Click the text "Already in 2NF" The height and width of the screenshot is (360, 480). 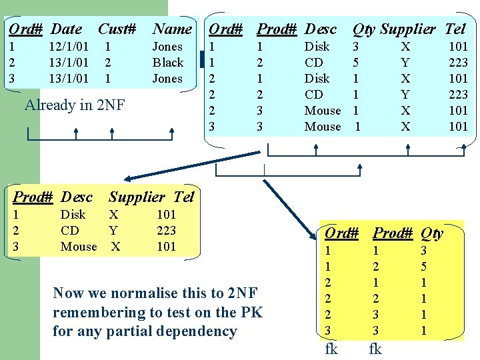tap(75, 105)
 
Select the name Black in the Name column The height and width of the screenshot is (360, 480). tap(168, 63)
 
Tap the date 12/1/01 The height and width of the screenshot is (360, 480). tap(69, 47)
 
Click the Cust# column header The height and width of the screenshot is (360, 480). tap(117, 29)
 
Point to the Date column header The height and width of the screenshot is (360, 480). tap(67, 29)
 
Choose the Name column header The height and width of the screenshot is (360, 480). tap(172, 29)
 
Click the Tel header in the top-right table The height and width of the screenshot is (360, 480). tap(455, 29)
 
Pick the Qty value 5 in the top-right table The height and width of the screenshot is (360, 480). tap(356, 63)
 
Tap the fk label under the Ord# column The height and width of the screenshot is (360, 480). tap(331, 349)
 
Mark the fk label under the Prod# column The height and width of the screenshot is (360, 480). tap(375, 349)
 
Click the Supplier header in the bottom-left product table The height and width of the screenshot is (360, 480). tap(136, 197)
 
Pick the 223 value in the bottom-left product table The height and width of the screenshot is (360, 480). tap(166, 231)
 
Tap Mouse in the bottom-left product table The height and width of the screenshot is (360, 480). tap(79, 247)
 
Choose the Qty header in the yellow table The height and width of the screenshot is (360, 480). tap(432, 233)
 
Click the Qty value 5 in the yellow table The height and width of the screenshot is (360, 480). tap(423, 267)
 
